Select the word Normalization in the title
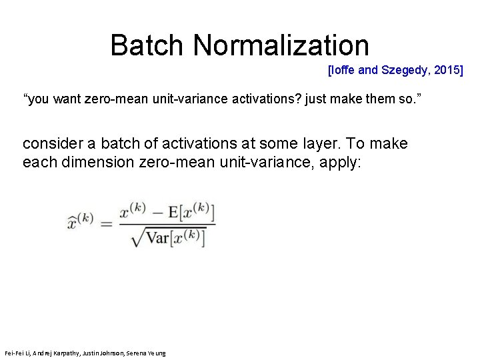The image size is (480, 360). tap(281, 45)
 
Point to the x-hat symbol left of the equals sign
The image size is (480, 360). tap(80, 221)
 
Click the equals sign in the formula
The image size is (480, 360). tap(107, 223)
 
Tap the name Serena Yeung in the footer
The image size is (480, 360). tap(149, 353)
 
